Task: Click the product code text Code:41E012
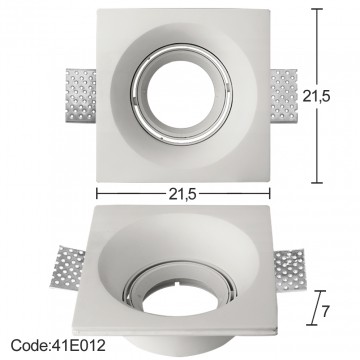58,345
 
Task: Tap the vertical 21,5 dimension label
316,96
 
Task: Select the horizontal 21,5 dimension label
183,194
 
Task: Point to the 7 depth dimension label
326,311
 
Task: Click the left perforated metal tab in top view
81,95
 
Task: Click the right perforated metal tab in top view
284,95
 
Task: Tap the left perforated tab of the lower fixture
68,268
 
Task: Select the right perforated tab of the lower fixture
290,269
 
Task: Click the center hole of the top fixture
181,95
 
